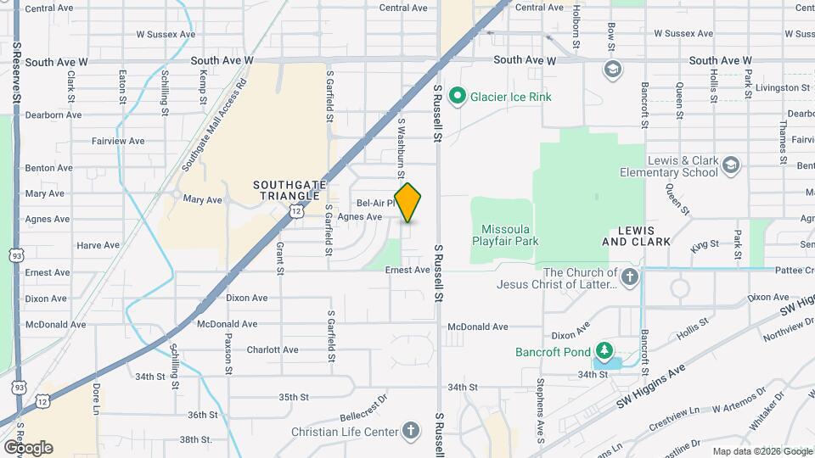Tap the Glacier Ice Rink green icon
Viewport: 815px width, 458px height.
click(x=458, y=96)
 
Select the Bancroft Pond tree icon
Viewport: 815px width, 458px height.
click(x=604, y=351)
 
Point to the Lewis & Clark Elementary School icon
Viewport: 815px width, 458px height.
click(x=732, y=164)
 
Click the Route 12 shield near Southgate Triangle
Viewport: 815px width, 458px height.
click(x=295, y=209)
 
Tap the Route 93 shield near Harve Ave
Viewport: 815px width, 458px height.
click(x=16, y=254)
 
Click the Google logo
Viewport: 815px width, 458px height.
click(x=28, y=448)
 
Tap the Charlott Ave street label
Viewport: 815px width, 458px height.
click(x=273, y=349)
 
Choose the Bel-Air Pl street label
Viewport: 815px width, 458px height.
click(x=375, y=204)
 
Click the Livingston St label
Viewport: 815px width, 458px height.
click(x=781, y=87)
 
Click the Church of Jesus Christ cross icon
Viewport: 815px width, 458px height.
click(x=629, y=277)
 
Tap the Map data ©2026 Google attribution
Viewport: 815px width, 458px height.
click(x=761, y=451)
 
